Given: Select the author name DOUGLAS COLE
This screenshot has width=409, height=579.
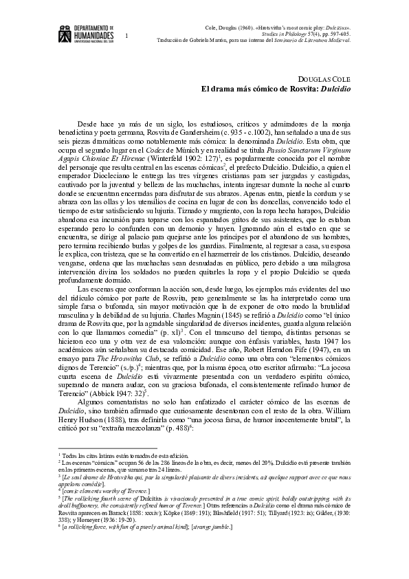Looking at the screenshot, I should click(326, 79).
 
